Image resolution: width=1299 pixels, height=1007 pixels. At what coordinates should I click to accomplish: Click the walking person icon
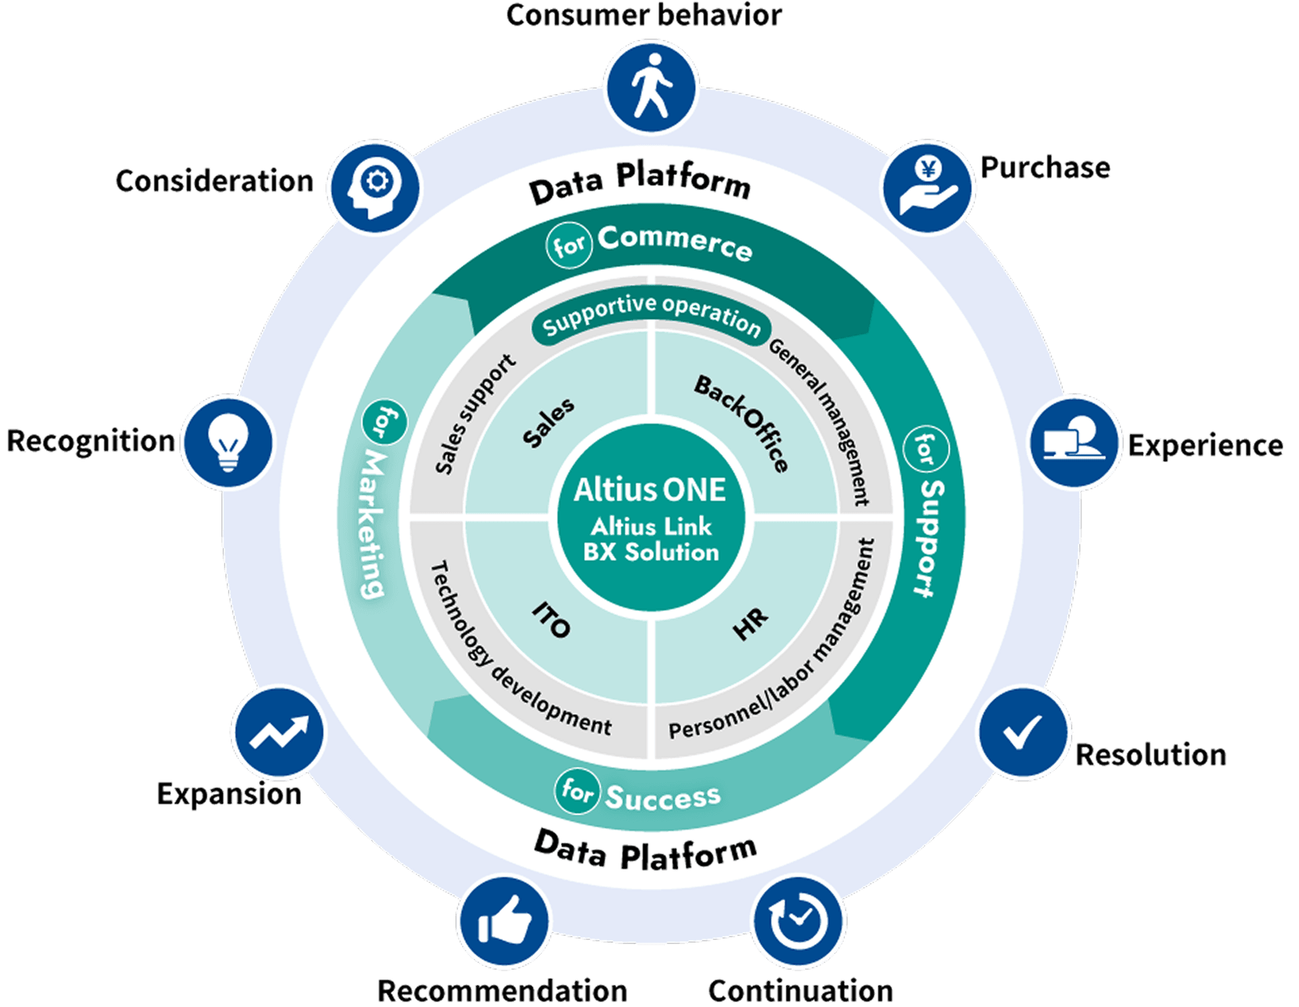[x=651, y=87]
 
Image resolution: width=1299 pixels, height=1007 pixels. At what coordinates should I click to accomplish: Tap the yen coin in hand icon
[x=928, y=187]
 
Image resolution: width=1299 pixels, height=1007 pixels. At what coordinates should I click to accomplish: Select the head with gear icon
[x=373, y=187]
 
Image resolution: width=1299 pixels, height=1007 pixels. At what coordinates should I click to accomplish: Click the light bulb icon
[x=227, y=442]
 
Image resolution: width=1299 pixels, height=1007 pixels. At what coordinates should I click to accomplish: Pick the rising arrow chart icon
[x=278, y=733]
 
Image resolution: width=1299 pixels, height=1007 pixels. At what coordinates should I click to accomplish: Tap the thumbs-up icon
[x=504, y=922]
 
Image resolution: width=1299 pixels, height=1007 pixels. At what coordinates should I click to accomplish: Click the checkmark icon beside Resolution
[x=1023, y=733]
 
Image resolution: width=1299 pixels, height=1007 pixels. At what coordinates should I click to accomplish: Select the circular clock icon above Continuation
[x=799, y=922]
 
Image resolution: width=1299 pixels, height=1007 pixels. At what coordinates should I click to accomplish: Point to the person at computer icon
[x=1074, y=442]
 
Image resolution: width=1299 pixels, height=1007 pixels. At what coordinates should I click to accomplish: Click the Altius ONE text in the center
[x=649, y=490]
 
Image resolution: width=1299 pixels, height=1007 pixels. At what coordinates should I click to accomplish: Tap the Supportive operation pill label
[x=651, y=316]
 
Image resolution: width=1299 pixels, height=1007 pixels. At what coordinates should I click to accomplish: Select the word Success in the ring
[x=663, y=797]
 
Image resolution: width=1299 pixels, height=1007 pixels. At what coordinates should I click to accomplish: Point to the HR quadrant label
[x=750, y=623]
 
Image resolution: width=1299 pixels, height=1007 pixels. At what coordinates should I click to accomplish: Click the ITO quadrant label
[x=551, y=620]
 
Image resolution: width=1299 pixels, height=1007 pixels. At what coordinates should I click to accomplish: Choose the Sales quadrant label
[x=548, y=422]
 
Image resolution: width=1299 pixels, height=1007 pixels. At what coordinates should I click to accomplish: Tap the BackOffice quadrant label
[x=742, y=422]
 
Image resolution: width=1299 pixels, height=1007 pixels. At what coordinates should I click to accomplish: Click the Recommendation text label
[x=502, y=991]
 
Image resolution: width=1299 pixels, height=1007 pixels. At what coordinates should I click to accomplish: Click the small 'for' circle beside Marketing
[x=385, y=422]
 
